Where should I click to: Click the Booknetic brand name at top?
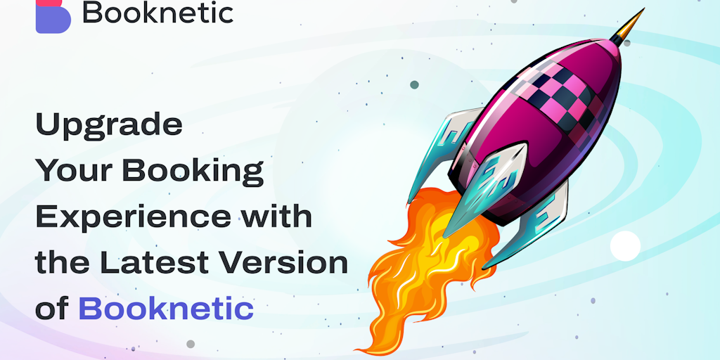[157, 13]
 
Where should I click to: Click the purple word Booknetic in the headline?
[165, 308]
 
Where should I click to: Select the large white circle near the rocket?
[625, 246]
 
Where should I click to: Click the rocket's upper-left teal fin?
[443, 144]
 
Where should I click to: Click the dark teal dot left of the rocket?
[414, 84]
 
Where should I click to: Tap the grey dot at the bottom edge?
[190, 344]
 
